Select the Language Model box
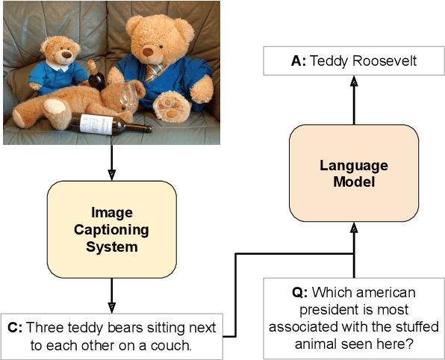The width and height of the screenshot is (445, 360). click(x=354, y=174)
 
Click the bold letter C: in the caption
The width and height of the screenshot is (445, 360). click(x=13, y=328)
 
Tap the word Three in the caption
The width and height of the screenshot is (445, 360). click(x=42, y=328)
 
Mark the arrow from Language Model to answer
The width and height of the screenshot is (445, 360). click(x=354, y=101)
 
